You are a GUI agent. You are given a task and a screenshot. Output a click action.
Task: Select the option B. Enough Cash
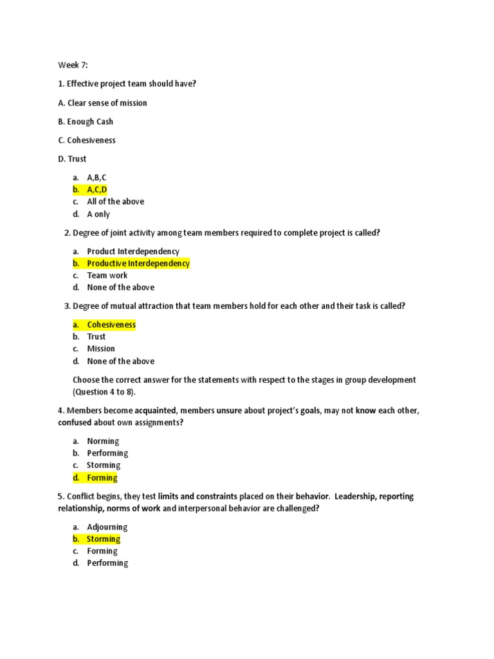86,122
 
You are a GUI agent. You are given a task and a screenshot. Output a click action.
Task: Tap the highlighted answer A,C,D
96,189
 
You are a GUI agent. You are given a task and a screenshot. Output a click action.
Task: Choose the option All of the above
115,201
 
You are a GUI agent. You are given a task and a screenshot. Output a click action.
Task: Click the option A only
98,214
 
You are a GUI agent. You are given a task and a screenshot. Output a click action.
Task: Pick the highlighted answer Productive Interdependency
138,263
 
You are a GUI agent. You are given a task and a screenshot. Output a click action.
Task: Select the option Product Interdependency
133,251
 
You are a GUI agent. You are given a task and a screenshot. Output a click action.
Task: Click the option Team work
107,275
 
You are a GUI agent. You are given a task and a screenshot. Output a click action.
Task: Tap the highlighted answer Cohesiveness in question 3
111,325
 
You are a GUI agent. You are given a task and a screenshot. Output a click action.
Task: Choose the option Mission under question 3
101,349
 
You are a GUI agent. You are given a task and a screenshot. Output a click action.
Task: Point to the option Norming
103,441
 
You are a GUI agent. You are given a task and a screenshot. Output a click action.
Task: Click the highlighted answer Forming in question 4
102,478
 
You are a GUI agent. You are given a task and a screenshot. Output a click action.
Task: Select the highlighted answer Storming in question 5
104,539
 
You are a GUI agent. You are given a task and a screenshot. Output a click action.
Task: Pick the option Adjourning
107,527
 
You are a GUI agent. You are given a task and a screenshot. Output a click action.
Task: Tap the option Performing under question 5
107,563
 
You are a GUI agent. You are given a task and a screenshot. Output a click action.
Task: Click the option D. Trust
72,159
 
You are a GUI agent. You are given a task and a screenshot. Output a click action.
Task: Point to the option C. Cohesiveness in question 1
87,140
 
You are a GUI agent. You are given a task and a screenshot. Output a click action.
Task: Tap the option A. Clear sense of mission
102,103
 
